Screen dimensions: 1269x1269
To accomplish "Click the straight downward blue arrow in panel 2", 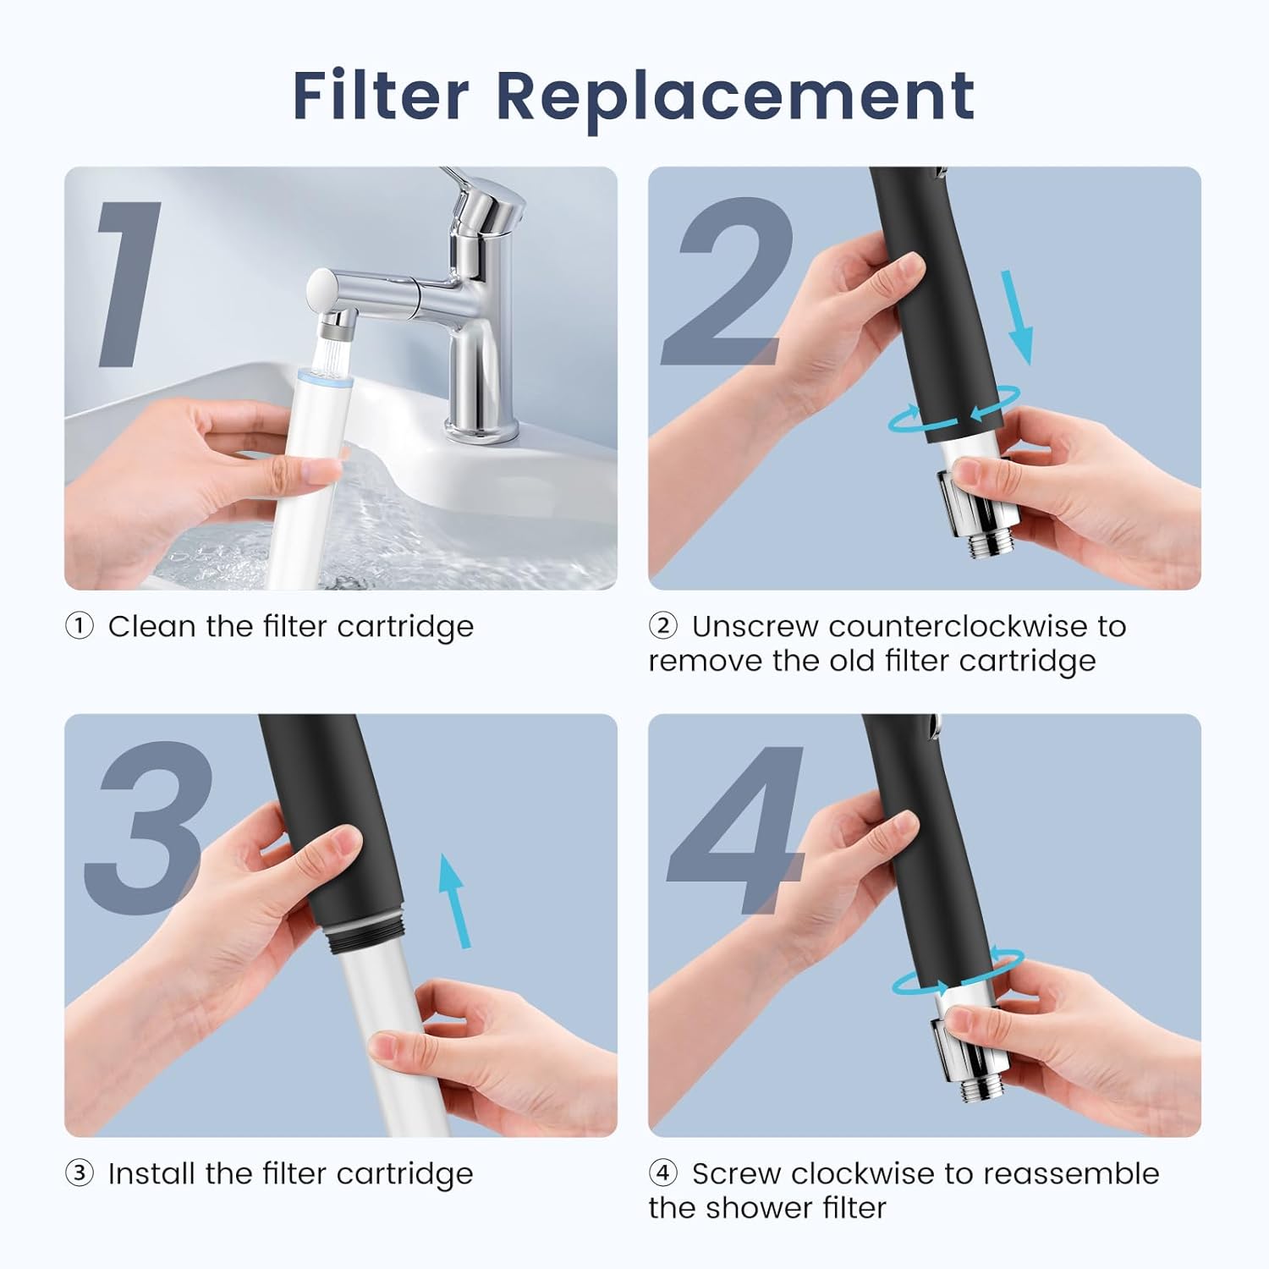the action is click(1016, 317).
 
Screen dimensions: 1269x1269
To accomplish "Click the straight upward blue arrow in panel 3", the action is click(454, 901).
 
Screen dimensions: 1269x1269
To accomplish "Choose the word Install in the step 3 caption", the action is click(152, 1173).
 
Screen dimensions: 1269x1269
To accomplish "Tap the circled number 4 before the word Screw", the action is click(663, 1173).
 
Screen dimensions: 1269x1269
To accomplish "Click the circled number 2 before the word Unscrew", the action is click(663, 626).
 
